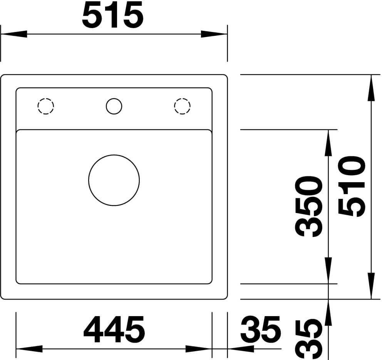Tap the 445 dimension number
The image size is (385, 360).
114,330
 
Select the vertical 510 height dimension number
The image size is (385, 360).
352,186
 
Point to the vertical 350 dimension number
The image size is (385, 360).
309,206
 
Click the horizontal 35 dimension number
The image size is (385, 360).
260,330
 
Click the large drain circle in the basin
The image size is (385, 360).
114,155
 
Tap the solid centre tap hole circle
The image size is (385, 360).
114,98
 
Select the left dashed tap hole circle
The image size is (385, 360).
46,98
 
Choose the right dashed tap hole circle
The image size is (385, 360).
182,98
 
